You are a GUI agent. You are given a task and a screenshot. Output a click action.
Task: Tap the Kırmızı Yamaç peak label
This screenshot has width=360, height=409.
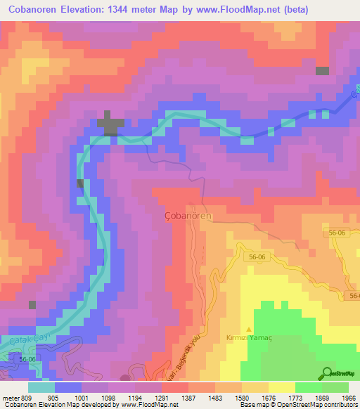(x=248, y=338)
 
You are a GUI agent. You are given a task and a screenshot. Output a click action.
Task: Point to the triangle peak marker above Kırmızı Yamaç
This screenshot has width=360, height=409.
(x=248, y=328)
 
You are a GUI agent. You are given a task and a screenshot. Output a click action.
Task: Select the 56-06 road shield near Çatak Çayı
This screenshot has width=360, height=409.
(x=27, y=359)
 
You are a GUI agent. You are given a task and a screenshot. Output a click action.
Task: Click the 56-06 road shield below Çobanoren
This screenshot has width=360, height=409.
(x=257, y=258)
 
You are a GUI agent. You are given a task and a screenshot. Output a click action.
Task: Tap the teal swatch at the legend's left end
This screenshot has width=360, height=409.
(x=41, y=387)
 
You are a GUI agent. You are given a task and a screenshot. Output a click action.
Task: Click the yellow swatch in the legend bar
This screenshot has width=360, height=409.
(x=283, y=387)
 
